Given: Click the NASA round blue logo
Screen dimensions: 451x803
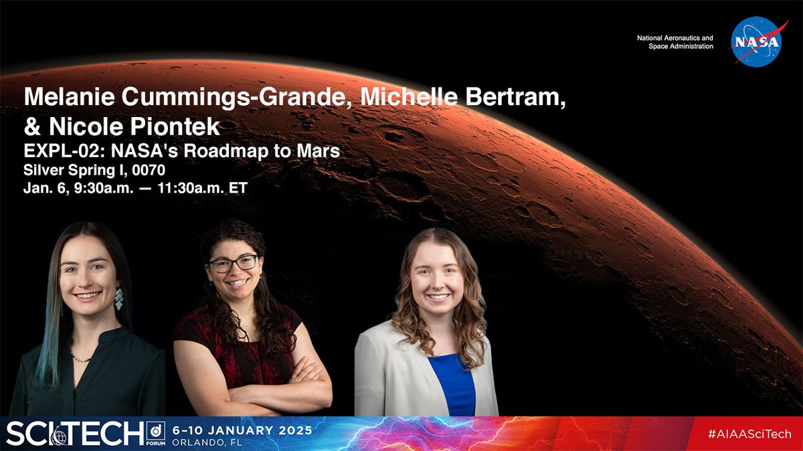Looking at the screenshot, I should [754, 41].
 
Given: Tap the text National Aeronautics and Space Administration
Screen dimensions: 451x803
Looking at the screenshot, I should [675, 41].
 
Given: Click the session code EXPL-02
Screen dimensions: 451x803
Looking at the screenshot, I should [59, 152].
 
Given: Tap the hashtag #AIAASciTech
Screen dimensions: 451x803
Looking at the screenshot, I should [750, 434].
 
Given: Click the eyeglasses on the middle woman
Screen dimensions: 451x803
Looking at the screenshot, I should [233, 263].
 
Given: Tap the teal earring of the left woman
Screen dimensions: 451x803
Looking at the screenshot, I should [119, 298].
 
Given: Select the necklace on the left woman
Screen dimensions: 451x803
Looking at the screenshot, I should [82, 360].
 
